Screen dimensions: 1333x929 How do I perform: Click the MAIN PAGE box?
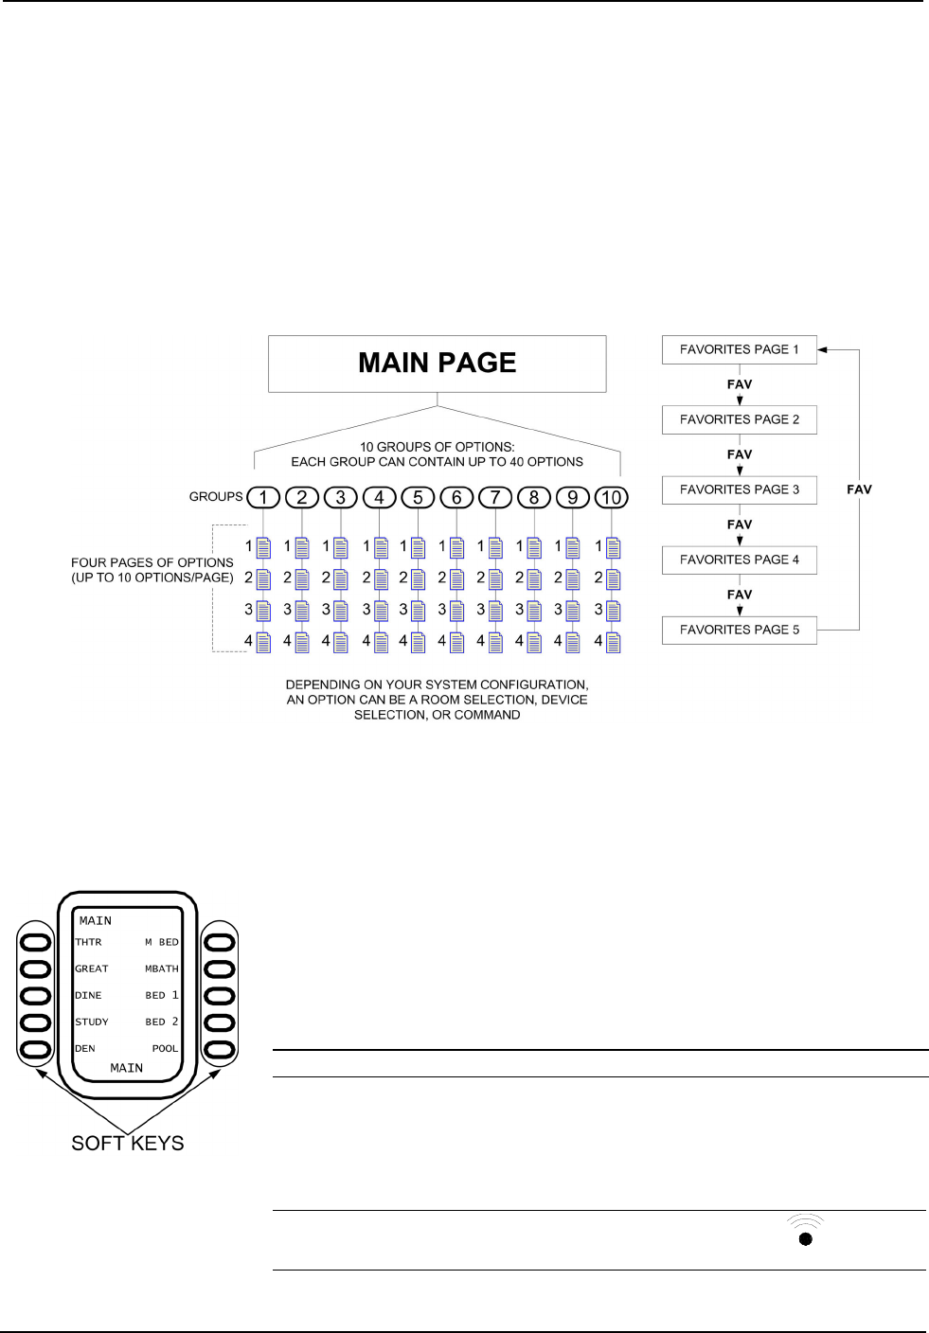click(x=437, y=364)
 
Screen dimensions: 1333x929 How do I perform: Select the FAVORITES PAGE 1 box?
click(x=739, y=349)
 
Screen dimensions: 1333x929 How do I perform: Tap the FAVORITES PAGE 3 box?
click(x=739, y=489)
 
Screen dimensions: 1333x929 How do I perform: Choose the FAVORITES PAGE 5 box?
click(x=739, y=630)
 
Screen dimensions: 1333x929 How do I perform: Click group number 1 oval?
click(x=263, y=497)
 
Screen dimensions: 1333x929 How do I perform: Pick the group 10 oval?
click(x=611, y=497)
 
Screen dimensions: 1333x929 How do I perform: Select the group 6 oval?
click(x=456, y=497)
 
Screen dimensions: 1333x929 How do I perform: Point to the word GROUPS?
click(x=216, y=496)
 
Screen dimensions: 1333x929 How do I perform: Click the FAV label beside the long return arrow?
click(x=859, y=489)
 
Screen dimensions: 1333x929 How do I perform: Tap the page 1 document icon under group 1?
click(x=264, y=547)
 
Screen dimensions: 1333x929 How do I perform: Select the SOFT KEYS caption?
click(x=128, y=1143)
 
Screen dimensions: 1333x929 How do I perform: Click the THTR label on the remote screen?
click(x=88, y=942)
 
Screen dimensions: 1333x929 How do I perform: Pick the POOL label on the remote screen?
click(x=165, y=1048)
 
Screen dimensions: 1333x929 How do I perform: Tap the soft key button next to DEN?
click(x=36, y=1049)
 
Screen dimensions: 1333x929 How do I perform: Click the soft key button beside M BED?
click(x=220, y=943)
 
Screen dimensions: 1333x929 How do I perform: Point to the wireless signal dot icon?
click(x=805, y=1237)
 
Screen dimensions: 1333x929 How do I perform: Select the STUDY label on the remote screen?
click(x=92, y=1022)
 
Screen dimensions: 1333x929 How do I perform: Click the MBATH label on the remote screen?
click(x=161, y=969)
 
